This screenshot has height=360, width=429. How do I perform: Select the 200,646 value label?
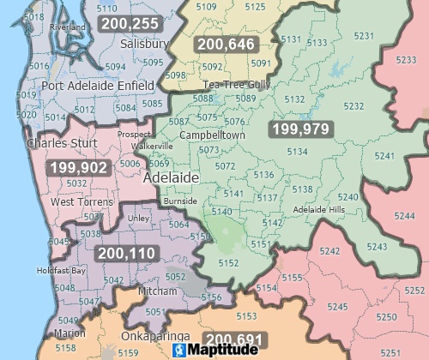tap(226, 45)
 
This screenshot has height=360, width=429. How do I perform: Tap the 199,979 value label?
tap(299, 129)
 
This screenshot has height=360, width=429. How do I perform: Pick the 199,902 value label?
tap(78, 168)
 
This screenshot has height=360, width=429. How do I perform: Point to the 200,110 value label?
tap(126, 254)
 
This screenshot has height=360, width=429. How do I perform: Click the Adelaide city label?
tap(171, 177)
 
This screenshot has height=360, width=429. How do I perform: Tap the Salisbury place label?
tap(143, 43)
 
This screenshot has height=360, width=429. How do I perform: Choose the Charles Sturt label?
tap(60, 143)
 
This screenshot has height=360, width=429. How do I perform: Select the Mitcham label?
tap(157, 291)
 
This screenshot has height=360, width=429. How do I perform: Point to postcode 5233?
tap(409, 59)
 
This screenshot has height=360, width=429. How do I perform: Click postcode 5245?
tap(337, 306)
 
